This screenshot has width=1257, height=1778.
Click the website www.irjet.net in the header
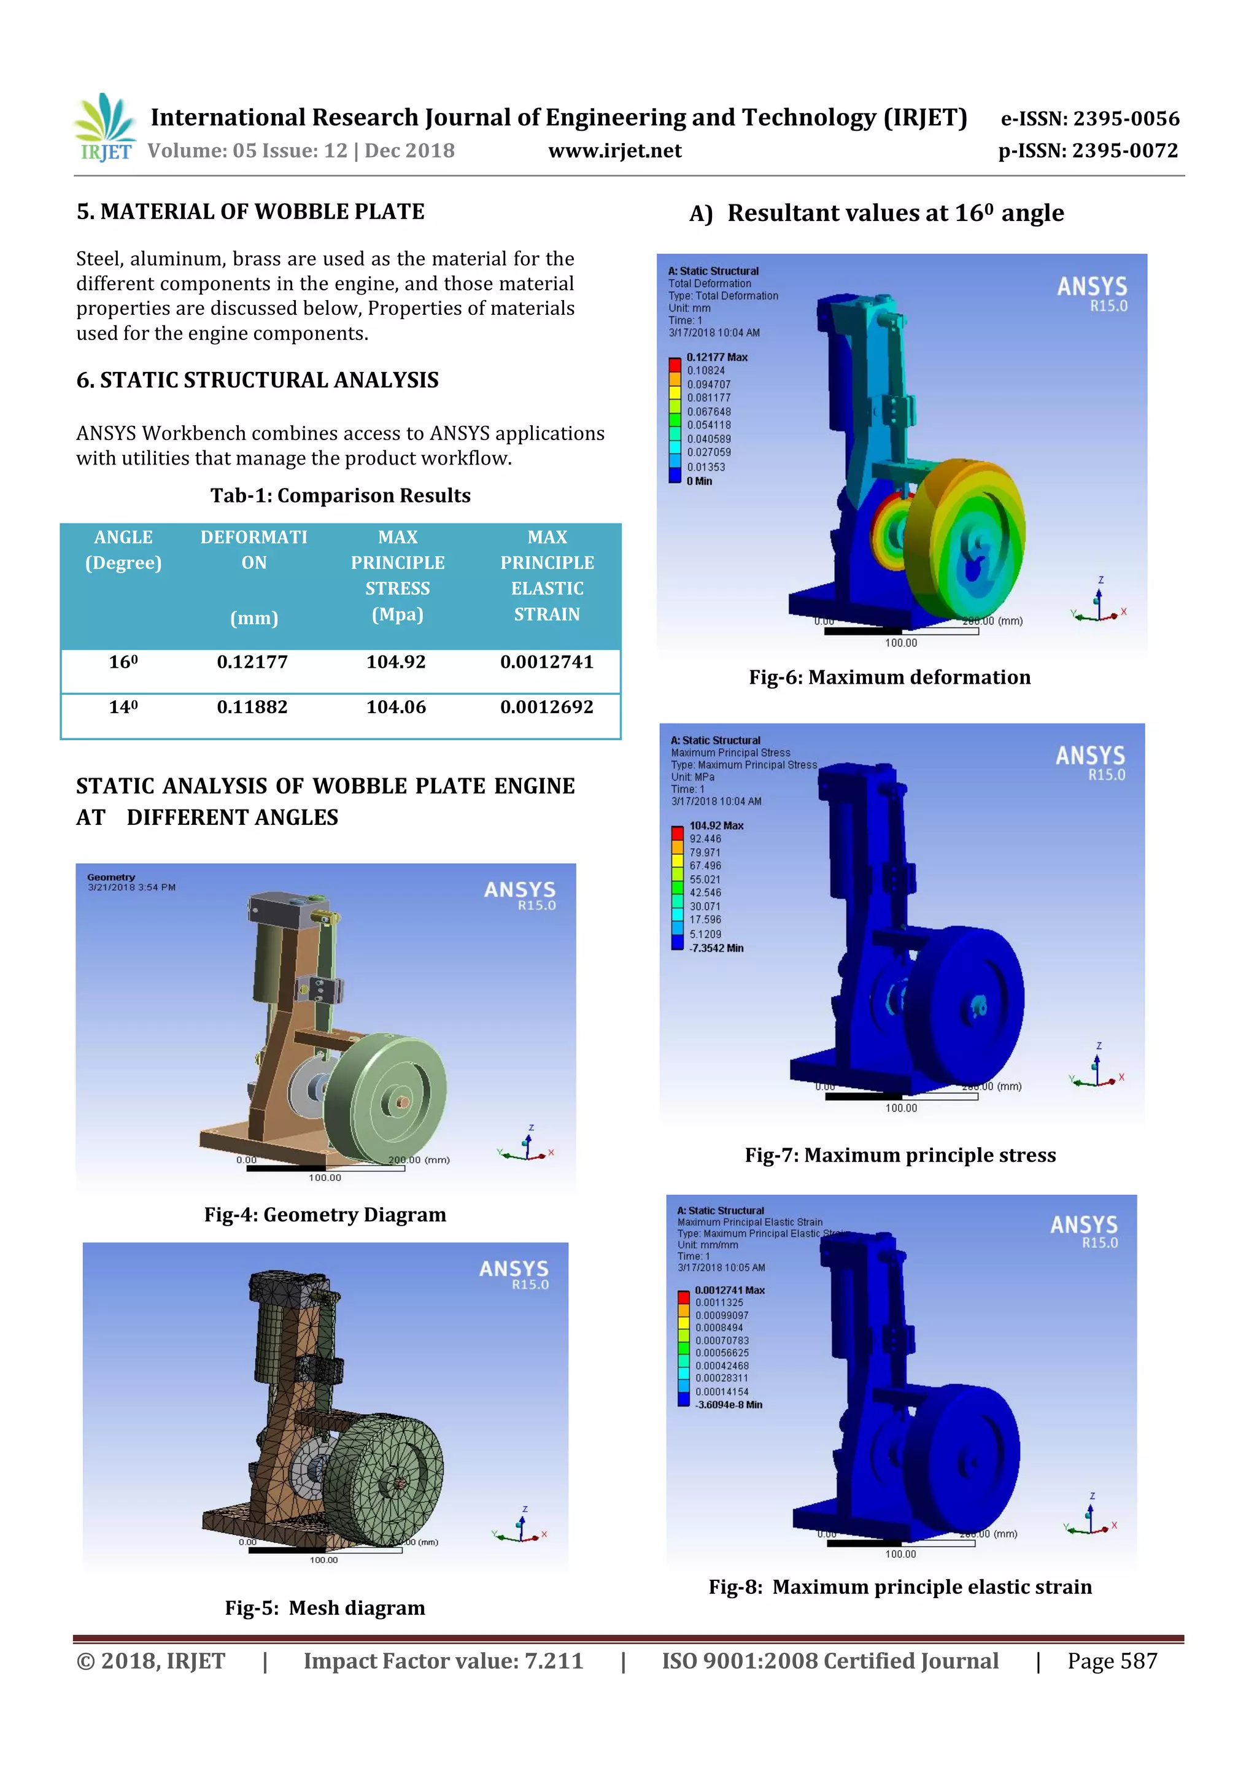click(614, 150)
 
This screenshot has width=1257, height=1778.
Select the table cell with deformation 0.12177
click(252, 662)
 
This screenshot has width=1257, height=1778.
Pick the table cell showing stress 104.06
click(396, 707)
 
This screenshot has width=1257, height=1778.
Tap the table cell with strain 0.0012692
click(546, 707)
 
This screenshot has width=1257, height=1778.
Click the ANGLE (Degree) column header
click(123, 550)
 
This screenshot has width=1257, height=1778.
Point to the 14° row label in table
click(123, 707)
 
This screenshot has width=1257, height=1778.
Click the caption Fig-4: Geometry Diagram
click(325, 1214)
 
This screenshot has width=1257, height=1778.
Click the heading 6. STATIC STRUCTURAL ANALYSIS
click(257, 381)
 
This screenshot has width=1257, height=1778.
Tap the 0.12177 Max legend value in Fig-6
click(716, 357)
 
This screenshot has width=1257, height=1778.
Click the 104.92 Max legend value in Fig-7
click(716, 825)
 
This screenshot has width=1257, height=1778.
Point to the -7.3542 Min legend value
click(716, 948)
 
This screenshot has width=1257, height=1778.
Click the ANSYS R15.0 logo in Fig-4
click(520, 895)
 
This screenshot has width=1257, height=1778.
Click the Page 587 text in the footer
click(1112, 1661)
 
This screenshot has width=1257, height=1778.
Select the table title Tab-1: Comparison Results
click(340, 496)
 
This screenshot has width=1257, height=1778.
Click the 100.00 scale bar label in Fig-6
click(901, 643)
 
